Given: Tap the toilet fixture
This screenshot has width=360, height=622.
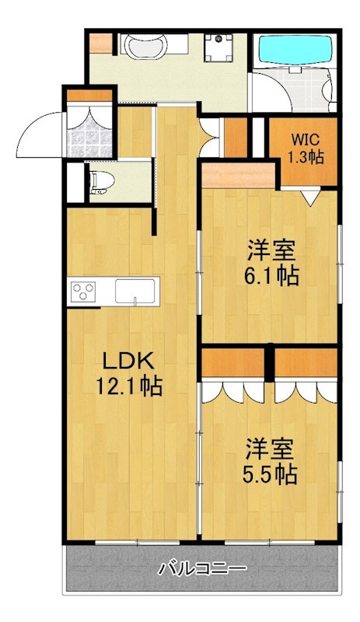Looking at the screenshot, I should (x=101, y=181).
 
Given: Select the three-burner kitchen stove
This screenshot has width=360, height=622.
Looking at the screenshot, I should (x=83, y=292).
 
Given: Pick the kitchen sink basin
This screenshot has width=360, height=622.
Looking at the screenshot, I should (x=136, y=292).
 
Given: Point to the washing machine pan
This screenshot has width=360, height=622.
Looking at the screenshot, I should (x=220, y=48).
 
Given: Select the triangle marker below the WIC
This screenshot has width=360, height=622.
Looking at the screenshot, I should (x=310, y=200).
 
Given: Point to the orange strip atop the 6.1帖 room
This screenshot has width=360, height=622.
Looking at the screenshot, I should (x=237, y=172).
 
